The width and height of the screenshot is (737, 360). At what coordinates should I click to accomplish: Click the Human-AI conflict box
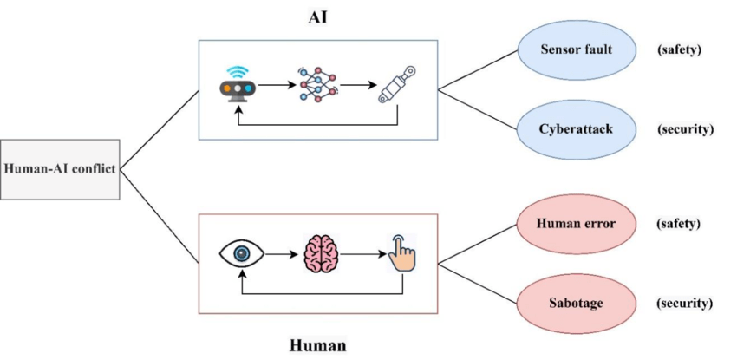[x=59, y=167]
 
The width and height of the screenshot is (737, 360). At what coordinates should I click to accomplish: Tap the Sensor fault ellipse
[x=574, y=49]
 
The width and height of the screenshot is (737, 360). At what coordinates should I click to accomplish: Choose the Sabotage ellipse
[x=576, y=303]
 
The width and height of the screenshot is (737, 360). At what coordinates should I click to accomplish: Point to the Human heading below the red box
[x=317, y=346]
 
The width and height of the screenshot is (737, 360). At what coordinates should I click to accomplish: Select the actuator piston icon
[x=395, y=87]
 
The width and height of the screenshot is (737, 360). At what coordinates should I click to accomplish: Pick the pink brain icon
[x=320, y=253]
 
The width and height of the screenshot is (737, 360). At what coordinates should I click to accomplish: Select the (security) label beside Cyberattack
[x=684, y=129]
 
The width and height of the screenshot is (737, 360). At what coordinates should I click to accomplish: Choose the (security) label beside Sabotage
[x=684, y=303]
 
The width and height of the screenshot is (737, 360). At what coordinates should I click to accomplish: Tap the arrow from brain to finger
[x=361, y=254]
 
